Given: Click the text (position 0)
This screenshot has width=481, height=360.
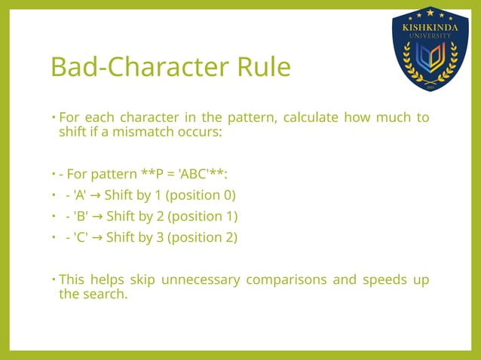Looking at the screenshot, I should (201, 196).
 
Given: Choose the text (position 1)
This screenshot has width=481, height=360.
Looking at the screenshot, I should (201, 217).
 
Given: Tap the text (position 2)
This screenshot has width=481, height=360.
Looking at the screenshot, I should (201, 238).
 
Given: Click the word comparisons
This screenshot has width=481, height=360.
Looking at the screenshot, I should (289, 280).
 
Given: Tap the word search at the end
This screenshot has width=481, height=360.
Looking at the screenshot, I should (104, 294).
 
